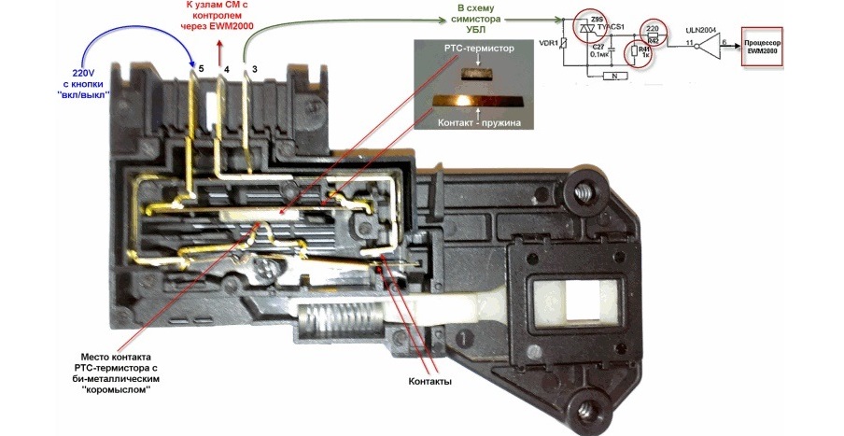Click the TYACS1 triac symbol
pos(587,30)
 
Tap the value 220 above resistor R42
pos(653,29)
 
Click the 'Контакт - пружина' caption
pos(476,121)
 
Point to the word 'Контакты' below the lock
pos(430,383)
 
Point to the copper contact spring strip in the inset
pos(476,99)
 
